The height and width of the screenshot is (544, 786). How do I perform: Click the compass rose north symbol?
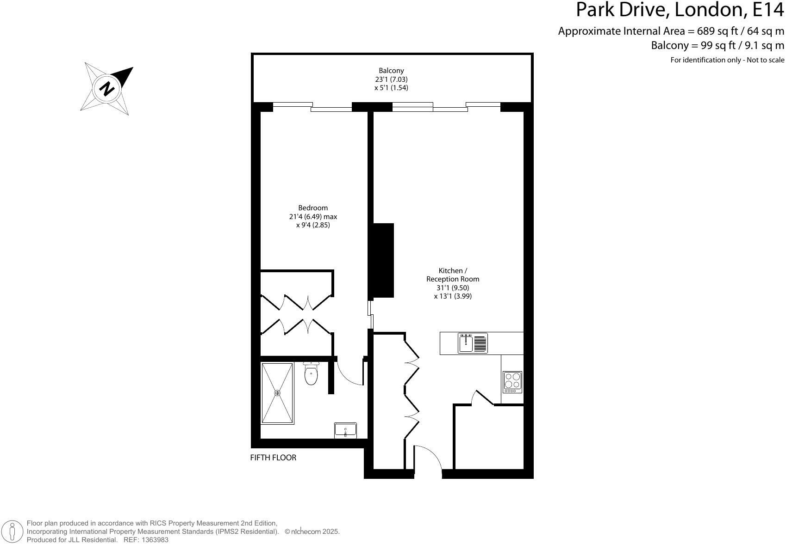tap(107, 88)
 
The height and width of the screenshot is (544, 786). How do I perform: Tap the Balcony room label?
tap(391, 71)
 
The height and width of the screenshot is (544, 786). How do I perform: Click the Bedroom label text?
tap(313, 208)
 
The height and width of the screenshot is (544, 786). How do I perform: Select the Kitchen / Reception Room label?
tap(453, 275)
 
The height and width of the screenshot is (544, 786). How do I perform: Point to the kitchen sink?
tap(466, 343)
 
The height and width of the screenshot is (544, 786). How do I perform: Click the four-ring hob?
tap(512, 382)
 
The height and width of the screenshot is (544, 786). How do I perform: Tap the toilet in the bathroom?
tap(311, 375)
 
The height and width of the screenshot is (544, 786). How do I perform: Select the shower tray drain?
tap(277, 393)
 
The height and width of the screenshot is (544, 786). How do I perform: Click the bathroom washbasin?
tap(345, 430)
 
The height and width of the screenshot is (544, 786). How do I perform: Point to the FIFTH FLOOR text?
tap(273, 458)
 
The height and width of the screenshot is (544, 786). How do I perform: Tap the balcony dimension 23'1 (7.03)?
tap(391, 79)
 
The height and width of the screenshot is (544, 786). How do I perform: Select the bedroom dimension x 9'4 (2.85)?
tap(313, 225)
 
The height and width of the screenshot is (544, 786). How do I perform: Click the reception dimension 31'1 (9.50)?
tap(453, 287)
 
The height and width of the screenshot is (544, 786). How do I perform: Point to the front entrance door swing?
tap(428, 458)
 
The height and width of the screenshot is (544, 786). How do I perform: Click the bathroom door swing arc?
tap(350, 373)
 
